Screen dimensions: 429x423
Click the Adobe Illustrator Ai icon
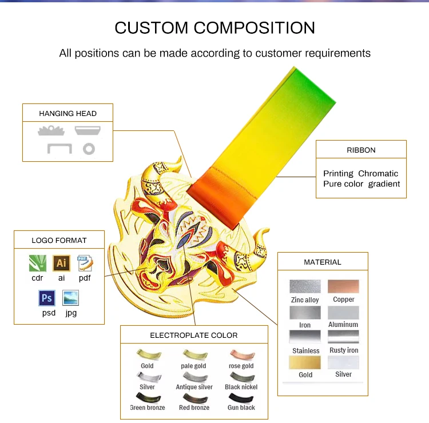coord(61,263)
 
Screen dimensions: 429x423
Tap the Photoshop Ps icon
coord(47,298)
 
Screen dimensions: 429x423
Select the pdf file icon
coord(85,263)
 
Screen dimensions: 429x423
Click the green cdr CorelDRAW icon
coord(38,263)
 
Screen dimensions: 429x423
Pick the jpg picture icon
coord(70,298)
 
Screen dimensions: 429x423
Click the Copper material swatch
coord(343,286)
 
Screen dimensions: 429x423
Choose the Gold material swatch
coord(305,362)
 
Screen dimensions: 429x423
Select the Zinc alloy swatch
coord(305,286)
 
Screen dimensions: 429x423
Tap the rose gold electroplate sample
coord(243,355)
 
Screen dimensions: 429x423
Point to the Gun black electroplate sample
coord(241,398)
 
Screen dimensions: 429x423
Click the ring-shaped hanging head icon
coord(89,149)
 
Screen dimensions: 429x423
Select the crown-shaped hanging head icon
coord(51,131)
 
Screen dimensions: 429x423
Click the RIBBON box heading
coord(361,150)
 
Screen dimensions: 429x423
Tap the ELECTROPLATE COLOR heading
coord(194,335)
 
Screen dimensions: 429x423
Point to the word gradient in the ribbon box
coord(384,184)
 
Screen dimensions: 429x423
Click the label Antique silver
coord(194,387)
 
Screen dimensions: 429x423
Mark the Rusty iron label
coord(344,350)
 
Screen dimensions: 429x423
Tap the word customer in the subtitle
coord(279,53)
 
